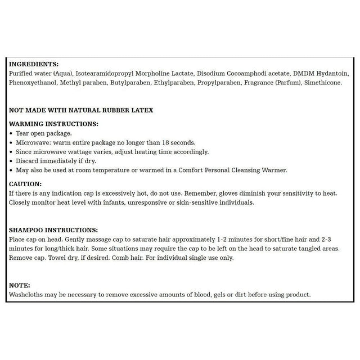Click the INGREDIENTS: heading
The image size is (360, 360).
point(34,65)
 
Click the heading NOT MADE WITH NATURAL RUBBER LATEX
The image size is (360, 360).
point(81,111)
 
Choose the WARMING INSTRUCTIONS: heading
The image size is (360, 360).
point(54,124)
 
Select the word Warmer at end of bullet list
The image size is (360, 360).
point(274,169)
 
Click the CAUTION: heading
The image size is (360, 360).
point(26,184)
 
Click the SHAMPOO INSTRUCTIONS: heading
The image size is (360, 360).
point(54,230)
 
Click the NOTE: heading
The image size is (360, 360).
point(20,286)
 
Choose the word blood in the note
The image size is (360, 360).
point(193,295)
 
